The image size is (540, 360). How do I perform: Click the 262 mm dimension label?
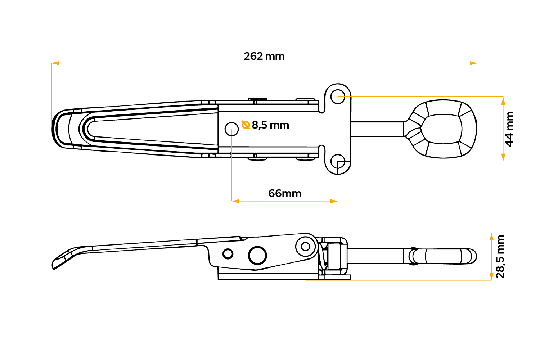click(x=264, y=56)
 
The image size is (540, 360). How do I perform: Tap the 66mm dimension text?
click(x=285, y=193)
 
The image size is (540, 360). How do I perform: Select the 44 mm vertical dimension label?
click(x=509, y=129)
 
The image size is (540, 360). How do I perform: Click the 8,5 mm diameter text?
click(x=270, y=125)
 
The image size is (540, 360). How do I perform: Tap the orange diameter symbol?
click(x=246, y=125)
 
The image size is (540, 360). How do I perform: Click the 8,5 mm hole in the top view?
click(x=232, y=129)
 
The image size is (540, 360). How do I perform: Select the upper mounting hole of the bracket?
click(x=338, y=96)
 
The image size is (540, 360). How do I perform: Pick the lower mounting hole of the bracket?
click(x=338, y=161)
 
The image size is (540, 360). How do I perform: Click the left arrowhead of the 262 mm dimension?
click(x=55, y=63)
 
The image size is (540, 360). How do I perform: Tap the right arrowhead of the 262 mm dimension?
click(x=473, y=63)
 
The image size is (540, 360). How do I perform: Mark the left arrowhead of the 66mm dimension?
click(x=235, y=201)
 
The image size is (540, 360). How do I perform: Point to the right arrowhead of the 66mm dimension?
click(x=334, y=201)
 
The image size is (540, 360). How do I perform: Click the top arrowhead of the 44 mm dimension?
click(x=503, y=101)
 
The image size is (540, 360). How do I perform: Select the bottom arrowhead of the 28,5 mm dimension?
click(x=491, y=276)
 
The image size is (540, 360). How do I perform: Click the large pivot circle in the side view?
click(x=257, y=256)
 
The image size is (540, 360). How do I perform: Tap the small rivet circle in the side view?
click(x=228, y=254)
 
